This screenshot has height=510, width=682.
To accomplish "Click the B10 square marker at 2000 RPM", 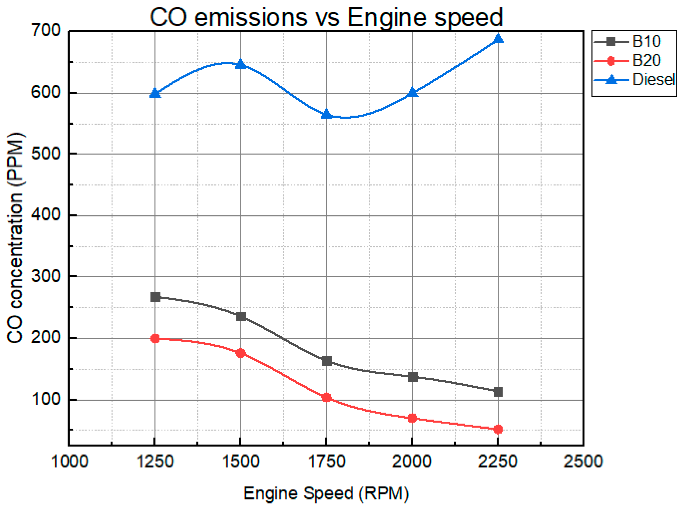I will (412, 377).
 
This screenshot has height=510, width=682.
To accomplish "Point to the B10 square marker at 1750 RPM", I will (327, 361).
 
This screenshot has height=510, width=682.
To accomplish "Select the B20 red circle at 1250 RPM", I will (155, 338).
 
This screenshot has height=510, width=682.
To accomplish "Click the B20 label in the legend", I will (647, 60).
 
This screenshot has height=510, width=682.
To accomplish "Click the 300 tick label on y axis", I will (46, 276).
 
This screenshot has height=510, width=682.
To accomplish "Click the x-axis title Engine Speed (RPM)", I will (326, 493).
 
